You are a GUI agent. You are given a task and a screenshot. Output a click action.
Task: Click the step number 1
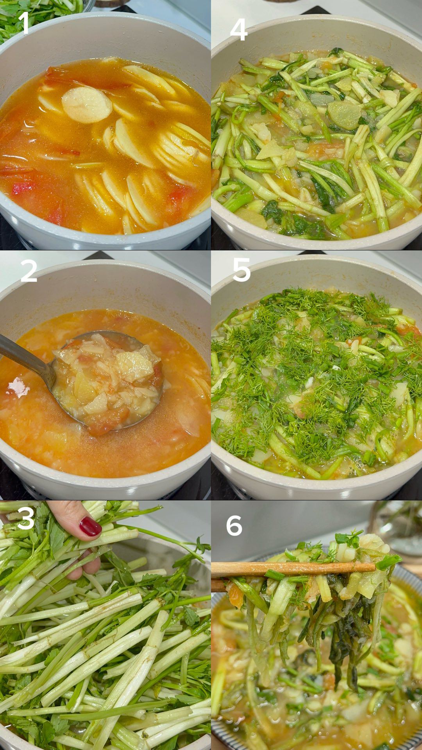[x=25, y=23]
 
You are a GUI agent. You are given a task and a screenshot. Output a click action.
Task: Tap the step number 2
[x=29, y=271]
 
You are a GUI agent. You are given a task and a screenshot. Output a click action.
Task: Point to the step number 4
[x=238, y=29]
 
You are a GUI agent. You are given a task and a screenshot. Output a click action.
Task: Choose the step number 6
[x=234, y=526]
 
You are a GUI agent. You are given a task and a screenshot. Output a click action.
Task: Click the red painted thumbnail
[x=90, y=526]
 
